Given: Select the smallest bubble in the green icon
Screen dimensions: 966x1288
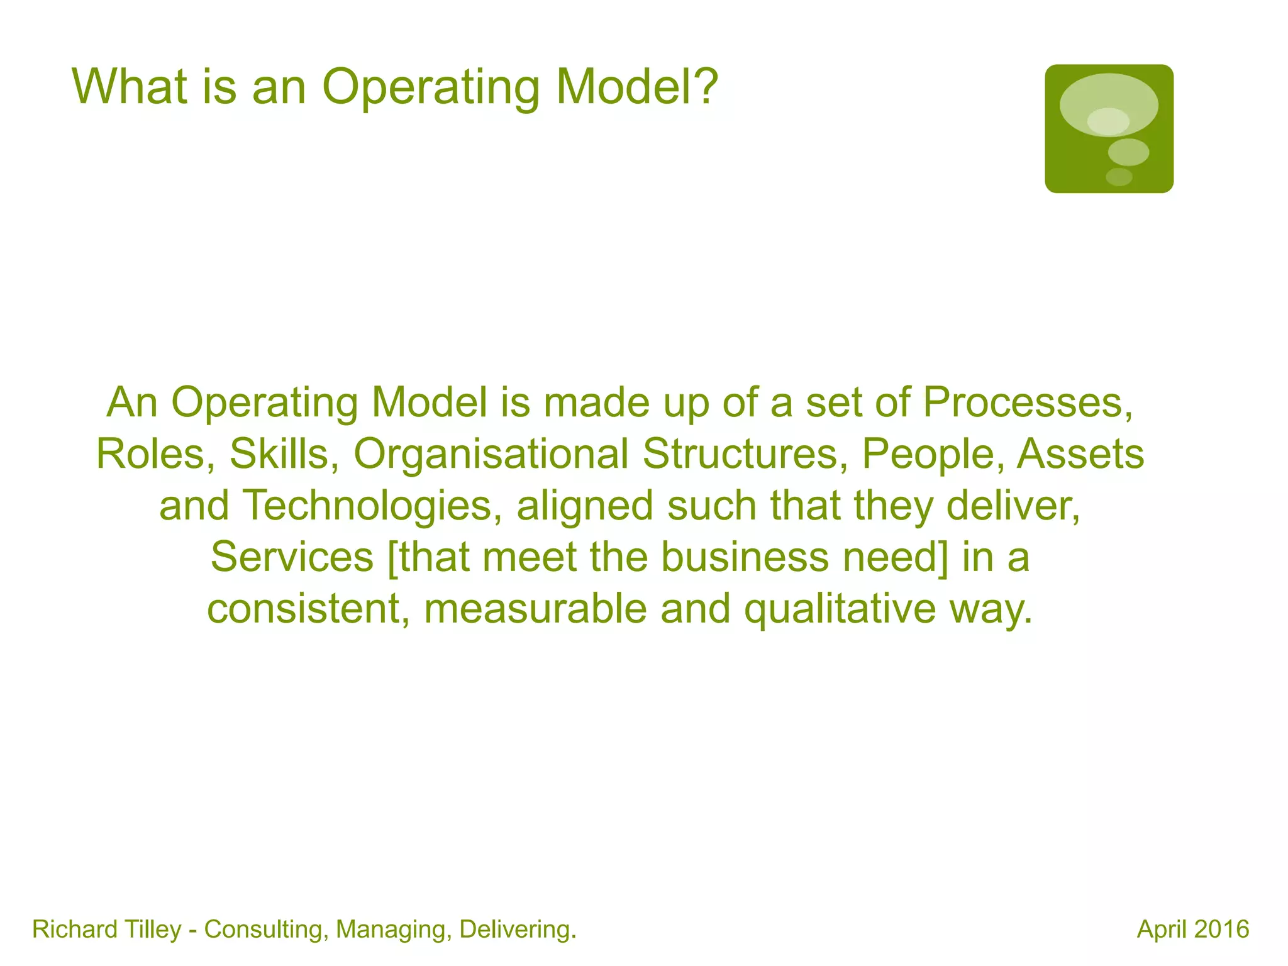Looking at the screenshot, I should tap(1119, 177).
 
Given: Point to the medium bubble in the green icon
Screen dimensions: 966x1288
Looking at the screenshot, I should tap(1128, 152).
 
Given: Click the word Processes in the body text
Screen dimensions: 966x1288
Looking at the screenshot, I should tap(1028, 402).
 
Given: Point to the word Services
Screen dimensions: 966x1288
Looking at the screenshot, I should tap(292, 557).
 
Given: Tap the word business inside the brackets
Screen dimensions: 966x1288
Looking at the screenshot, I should tap(745, 557).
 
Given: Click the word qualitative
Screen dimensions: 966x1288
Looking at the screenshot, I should tap(840, 610).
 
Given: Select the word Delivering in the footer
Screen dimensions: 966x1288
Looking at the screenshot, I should tap(518, 930).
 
